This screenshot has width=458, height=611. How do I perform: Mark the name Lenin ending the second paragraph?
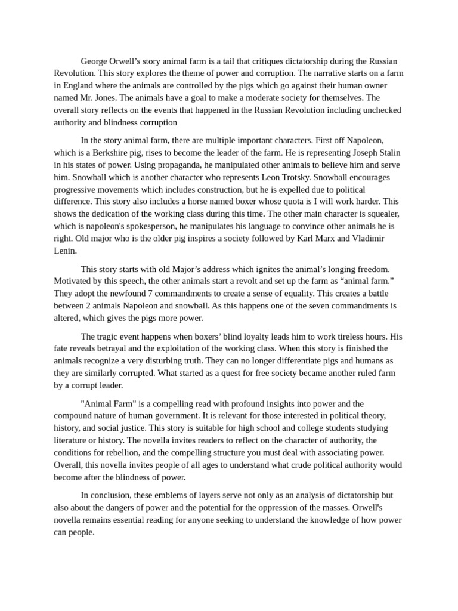tap(65, 251)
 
